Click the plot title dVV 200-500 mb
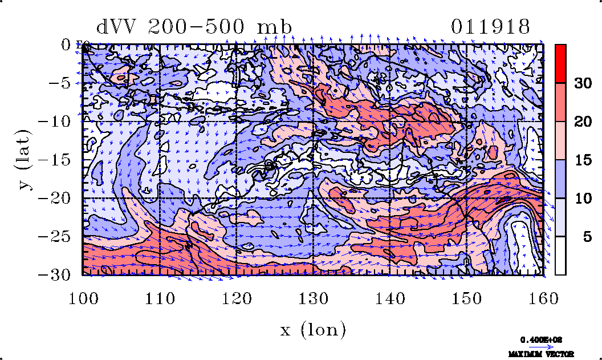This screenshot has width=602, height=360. (194, 27)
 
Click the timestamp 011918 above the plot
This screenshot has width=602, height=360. (490, 27)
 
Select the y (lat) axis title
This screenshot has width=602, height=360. (24, 160)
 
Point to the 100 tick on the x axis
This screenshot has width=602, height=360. (83, 298)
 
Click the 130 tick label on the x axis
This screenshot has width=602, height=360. (313, 298)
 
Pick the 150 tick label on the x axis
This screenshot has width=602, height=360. (466, 298)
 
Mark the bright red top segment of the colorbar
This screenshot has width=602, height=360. (560, 63)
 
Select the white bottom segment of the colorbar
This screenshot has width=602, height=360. (560, 256)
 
